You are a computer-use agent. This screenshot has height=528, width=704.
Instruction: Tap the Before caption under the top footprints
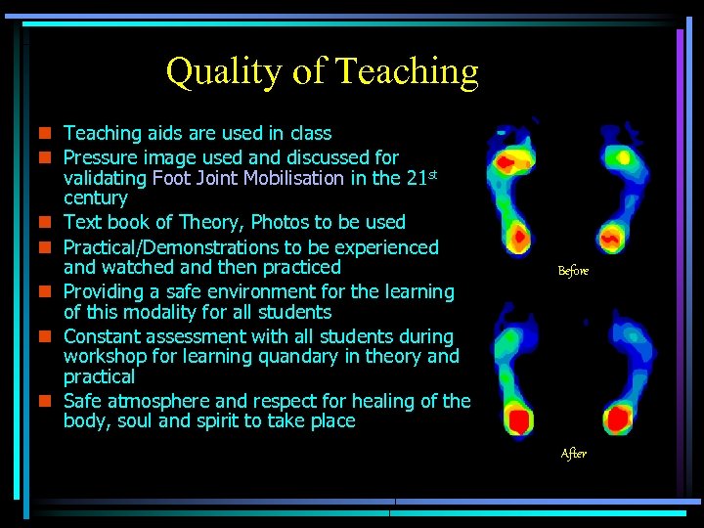573,271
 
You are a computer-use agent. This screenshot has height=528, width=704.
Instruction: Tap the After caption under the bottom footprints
574,454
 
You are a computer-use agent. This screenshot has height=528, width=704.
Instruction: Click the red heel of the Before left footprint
518,236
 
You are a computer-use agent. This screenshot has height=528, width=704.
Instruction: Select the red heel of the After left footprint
518,420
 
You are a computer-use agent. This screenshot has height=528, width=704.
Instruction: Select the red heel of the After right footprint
618,419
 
